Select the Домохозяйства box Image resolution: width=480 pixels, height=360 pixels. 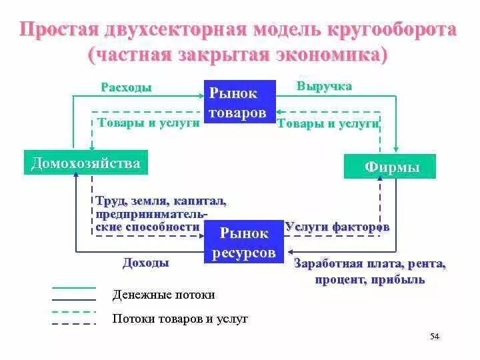pyautogui.click(x=85, y=163)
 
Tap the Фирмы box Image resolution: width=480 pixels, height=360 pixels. pyautogui.click(x=390, y=167)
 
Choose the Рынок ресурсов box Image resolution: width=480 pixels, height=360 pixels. pyautogui.click(x=244, y=243)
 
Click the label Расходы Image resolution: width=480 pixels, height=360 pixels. pyautogui.click(x=126, y=88)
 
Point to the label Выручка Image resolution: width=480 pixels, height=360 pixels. pyautogui.click(x=324, y=87)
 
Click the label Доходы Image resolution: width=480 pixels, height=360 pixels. pyautogui.click(x=145, y=263)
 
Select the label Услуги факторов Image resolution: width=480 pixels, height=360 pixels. pyautogui.click(x=337, y=227)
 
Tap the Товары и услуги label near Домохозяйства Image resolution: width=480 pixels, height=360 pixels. pyautogui.click(x=148, y=123)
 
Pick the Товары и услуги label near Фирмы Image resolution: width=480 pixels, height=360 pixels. pyautogui.click(x=328, y=123)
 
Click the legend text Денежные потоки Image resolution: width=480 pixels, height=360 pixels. pyautogui.click(x=164, y=295)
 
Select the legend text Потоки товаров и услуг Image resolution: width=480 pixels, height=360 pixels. pyautogui.click(x=180, y=319)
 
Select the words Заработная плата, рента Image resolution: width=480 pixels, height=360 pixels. pyautogui.click(x=370, y=263)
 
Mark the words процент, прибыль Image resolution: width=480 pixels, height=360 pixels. pyautogui.click(x=370, y=279)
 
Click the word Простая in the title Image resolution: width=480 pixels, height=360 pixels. pyautogui.click(x=57, y=30)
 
